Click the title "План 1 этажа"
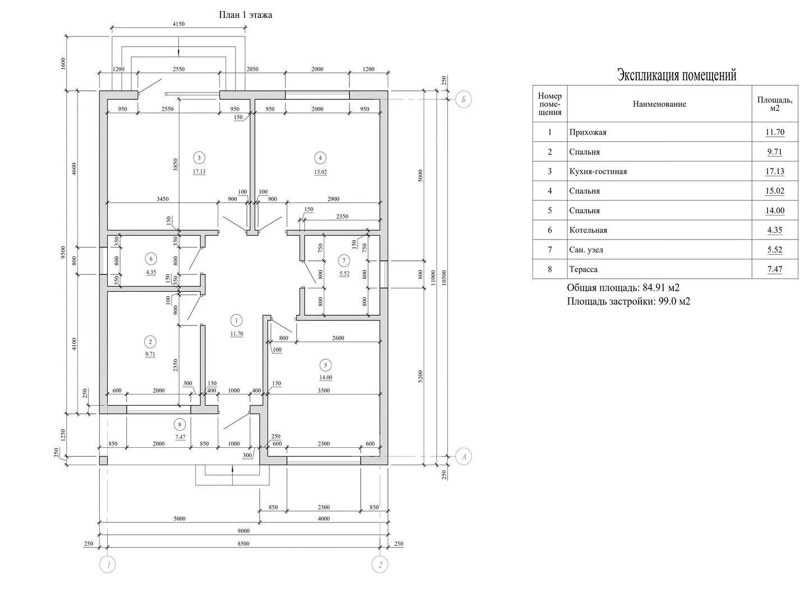pyautogui.click(x=245, y=15)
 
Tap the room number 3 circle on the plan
pyautogui.click(x=198, y=158)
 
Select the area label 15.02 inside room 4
pyautogui.click(x=320, y=172)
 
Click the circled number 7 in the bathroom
pyautogui.click(x=344, y=260)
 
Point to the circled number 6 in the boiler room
pyautogui.click(x=150, y=259)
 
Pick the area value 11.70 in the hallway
pyautogui.click(x=236, y=334)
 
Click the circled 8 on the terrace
pyautogui.click(x=180, y=425)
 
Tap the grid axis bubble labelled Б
pyautogui.click(x=463, y=100)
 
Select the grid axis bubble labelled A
pyautogui.click(x=463, y=457)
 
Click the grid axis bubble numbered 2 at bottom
pyautogui.click(x=380, y=565)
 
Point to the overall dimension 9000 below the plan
pyautogui.click(x=243, y=531)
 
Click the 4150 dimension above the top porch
pyautogui.click(x=178, y=24)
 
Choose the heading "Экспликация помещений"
pyautogui.click(x=676, y=75)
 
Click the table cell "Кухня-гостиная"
pyautogui.click(x=598, y=172)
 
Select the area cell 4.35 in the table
pyautogui.click(x=774, y=230)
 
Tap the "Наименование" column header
pyautogui.click(x=659, y=104)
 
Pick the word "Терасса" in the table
pyautogui.click(x=583, y=269)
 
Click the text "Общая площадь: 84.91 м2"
pyautogui.click(x=623, y=288)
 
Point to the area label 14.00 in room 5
pyautogui.click(x=325, y=378)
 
